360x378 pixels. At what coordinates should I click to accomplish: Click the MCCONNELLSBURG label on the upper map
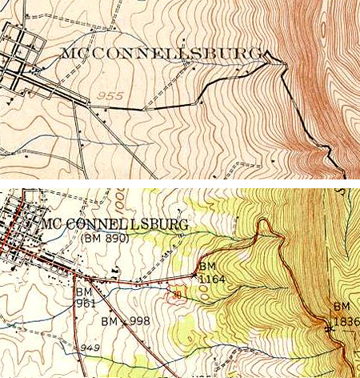tap(161, 54)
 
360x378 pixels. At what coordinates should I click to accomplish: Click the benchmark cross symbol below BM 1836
tap(329, 328)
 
